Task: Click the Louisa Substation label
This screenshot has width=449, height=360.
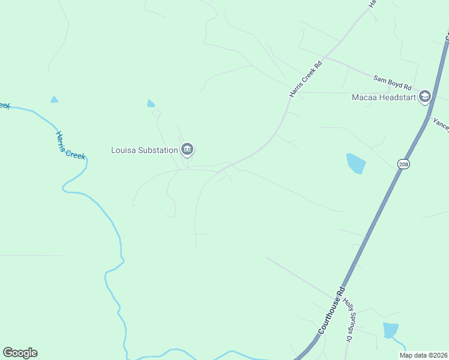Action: click(144, 150)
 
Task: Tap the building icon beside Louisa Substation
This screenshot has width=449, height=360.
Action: click(187, 149)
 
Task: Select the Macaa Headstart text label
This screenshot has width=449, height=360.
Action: click(384, 97)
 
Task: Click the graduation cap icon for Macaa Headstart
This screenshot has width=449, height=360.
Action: click(425, 97)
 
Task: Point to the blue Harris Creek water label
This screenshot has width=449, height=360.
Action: click(70, 145)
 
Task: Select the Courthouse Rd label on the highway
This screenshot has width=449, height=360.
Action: click(331, 310)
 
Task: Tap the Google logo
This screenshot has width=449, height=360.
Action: click(20, 353)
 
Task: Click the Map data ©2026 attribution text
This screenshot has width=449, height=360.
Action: click(423, 355)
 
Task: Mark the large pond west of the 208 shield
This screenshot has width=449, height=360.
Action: click(356, 163)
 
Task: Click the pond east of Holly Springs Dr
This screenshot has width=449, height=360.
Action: click(390, 329)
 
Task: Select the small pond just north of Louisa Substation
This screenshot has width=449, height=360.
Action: click(151, 103)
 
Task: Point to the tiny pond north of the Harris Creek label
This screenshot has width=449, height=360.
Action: click(55, 100)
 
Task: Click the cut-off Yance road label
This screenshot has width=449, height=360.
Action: click(441, 124)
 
